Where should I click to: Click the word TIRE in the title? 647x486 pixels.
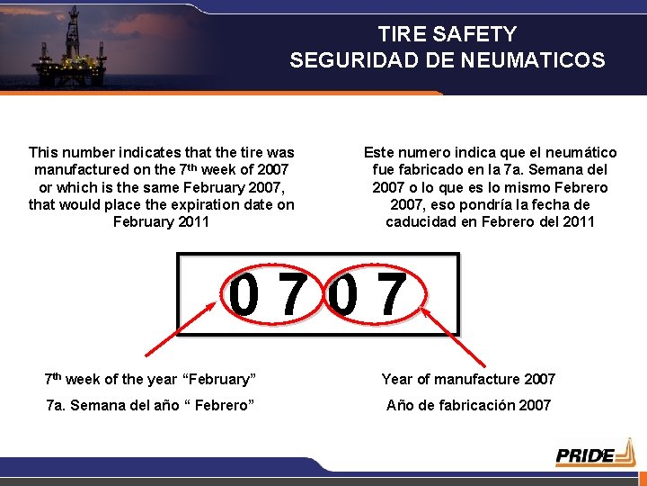coord(398,34)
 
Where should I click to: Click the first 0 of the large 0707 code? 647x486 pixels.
coord(245,298)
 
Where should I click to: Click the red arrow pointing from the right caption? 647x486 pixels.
coord(448,332)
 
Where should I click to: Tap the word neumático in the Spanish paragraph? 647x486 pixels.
coord(578,153)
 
